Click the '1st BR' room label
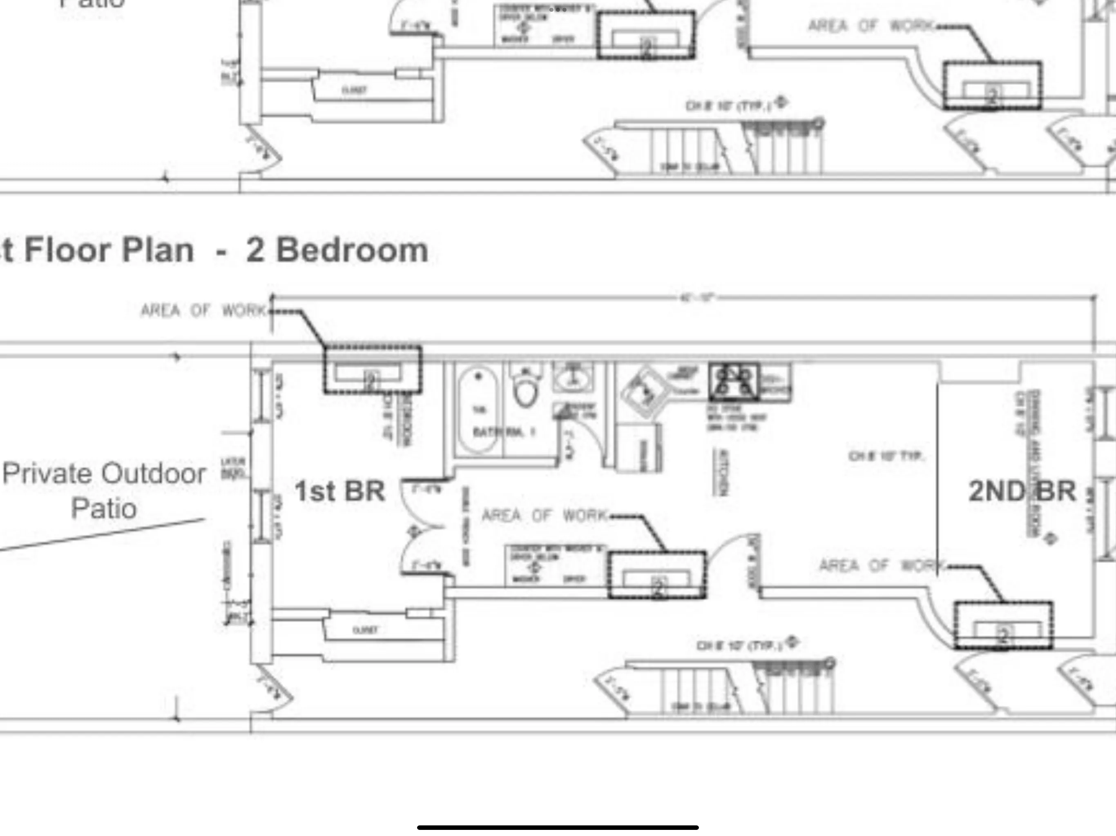[x=339, y=491]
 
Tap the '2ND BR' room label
[x=1022, y=491]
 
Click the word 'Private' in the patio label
[x=51, y=474]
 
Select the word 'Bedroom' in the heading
[x=352, y=250]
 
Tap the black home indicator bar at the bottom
[x=558, y=827]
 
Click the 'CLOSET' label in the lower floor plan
[x=365, y=630]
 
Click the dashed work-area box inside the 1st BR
[x=372, y=369]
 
